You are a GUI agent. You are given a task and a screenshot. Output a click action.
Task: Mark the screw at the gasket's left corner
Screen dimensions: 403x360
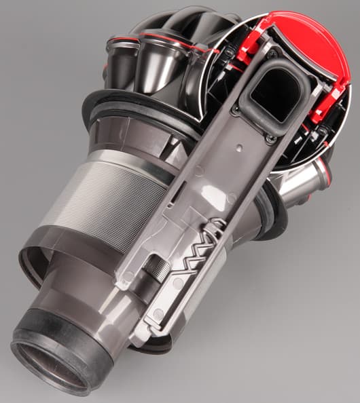coord(236,110)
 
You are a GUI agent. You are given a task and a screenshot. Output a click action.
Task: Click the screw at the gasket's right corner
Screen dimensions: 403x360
coord(271,139)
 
